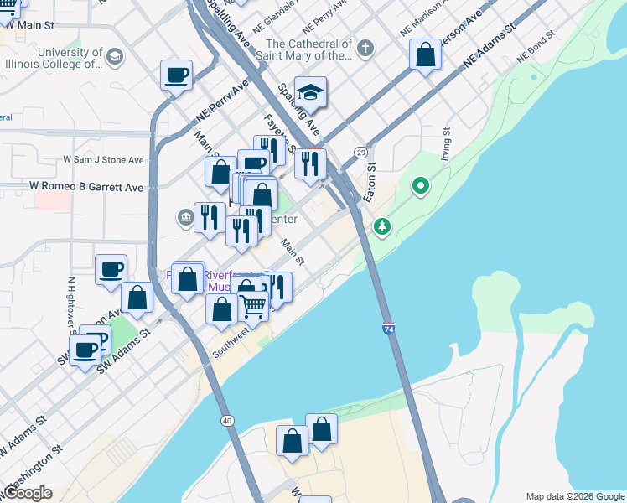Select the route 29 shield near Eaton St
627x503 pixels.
(x=360, y=152)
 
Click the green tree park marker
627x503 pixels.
(x=382, y=226)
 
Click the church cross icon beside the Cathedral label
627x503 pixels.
(x=364, y=49)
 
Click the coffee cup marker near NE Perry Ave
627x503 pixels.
(x=177, y=75)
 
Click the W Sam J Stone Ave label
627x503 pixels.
(x=104, y=159)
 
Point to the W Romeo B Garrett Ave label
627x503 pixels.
(x=86, y=186)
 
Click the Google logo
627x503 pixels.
(x=27, y=493)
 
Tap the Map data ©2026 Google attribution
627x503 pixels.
(x=574, y=496)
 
